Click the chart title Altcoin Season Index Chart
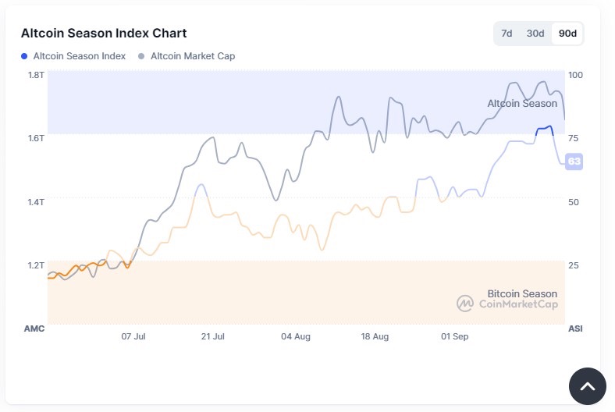[104, 33]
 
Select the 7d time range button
[507, 33]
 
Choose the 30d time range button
[535, 33]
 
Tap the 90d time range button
[567, 33]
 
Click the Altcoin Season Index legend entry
[73, 56]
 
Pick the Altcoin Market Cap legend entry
[187, 56]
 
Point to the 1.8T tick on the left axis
[36, 75]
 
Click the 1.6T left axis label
[36, 138]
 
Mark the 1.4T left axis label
[36, 202]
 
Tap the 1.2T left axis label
[36, 265]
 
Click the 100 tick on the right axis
[575, 75]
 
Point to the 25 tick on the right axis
[573, 265]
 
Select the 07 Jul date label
[133, 336]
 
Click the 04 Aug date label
[296, 336]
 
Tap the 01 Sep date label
[454, 336]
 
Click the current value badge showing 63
[574, 162]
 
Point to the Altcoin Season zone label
[522, 103]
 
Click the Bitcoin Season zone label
[522, 293]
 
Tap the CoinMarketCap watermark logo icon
[465, 304]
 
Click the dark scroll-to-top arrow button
[587, 385]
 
